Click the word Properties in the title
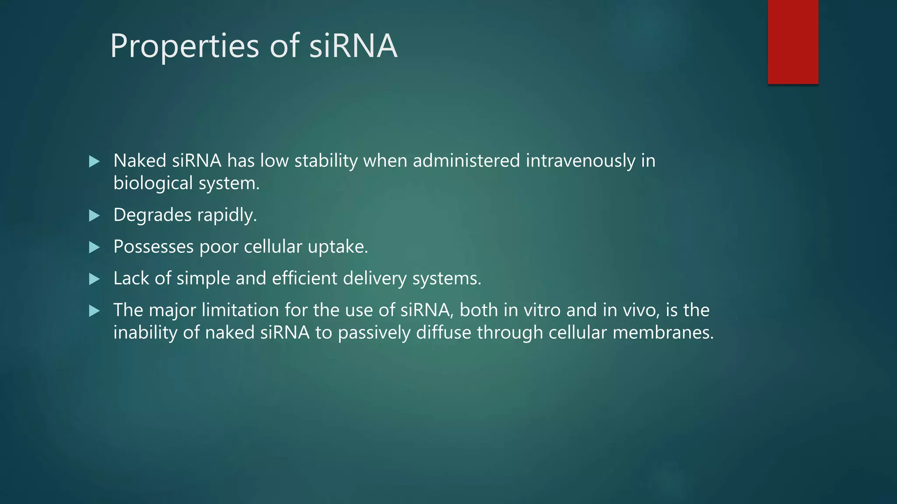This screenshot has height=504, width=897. tap(184, 46)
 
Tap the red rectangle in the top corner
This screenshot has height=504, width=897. tap(793, 42)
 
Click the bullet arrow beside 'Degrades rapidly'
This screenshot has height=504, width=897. tap(94, 216)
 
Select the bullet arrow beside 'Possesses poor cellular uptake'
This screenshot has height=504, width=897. tap(94, 248)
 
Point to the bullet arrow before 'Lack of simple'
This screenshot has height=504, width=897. tap(94, 279)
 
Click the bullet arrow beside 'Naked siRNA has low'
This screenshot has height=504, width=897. tap(94, 161)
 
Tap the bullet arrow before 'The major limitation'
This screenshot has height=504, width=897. tap(94, 311)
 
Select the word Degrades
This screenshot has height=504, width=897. tap(152, 215)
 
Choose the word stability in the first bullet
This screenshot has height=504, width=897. tap(326, 161)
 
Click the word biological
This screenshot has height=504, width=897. tap(153, 183)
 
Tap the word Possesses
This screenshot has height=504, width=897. tap(153, 247)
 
